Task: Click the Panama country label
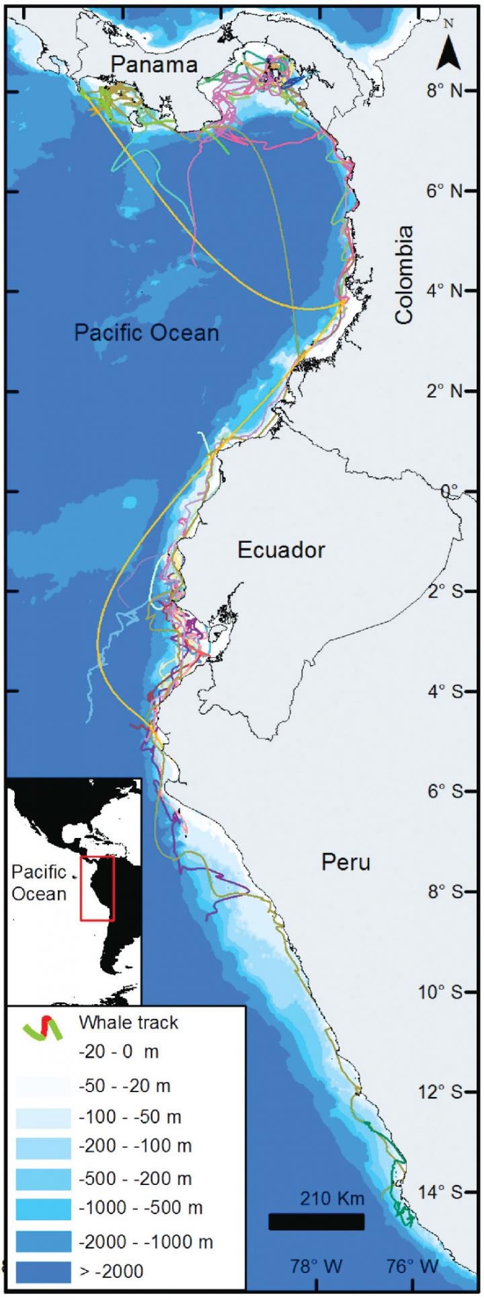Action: tap(154, 65)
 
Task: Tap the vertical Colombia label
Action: tap(404, 274)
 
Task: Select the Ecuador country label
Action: tap(281, 550)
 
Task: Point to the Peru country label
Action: tap(346, 862)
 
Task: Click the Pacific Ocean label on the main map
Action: tap(147, 332)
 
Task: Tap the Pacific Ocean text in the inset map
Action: tap(39, 883)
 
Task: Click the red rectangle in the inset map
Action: tap(97, 888)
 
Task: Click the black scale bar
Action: tap(316, 1221)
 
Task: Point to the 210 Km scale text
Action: tap(332, 1198)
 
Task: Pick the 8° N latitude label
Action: tap(445, 90)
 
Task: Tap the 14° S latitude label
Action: tap(445, 1192)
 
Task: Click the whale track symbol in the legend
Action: tap(43, 1028)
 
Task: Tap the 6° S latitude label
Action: tap(445, 792)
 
